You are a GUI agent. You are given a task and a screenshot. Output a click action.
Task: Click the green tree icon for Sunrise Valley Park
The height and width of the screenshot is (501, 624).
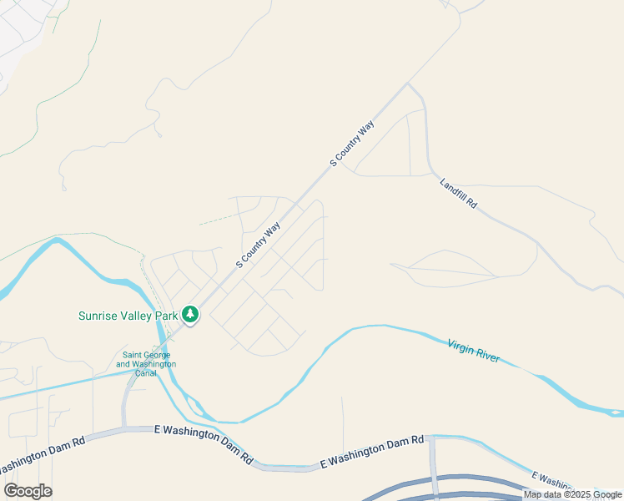tap(191, 315)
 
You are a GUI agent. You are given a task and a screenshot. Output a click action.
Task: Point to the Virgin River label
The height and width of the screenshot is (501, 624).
tap(473, 351)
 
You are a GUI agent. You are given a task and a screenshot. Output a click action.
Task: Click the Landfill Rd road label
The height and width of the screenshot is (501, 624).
tap(458, 192)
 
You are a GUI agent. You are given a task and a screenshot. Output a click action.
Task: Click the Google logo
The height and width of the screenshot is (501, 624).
tap(28, 491)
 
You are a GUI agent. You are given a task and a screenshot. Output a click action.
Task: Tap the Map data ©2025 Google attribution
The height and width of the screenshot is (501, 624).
tap(572, 494)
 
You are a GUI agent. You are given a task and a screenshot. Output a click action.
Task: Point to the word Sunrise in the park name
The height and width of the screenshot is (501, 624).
tap(98, 316)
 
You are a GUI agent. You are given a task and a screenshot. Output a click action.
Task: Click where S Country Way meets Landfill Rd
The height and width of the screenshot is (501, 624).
tap(407, 83)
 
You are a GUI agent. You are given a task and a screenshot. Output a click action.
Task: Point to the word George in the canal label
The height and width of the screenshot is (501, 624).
tap(159, 355)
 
